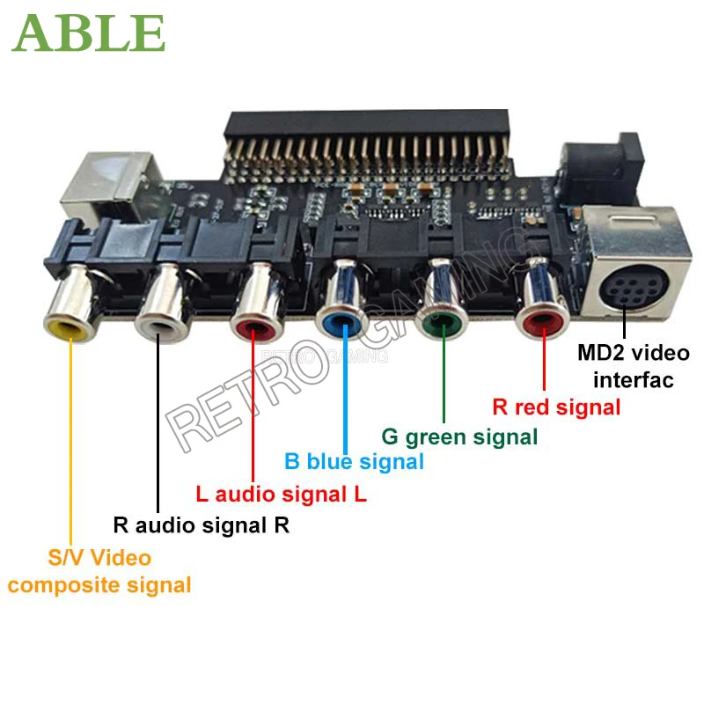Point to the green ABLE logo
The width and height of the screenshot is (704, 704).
(89, 33)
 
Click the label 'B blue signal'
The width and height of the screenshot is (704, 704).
(354, 461)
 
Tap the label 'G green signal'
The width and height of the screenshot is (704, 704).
(458, 436)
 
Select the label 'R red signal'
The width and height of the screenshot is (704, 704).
(556, 407)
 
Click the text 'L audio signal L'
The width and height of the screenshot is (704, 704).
(281, 494)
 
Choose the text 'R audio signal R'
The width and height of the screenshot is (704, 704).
(202, 526)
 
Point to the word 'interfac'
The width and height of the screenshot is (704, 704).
(633, 380)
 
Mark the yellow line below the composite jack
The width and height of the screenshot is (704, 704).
(70, 440)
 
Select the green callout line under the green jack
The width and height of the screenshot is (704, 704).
(444, 378)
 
